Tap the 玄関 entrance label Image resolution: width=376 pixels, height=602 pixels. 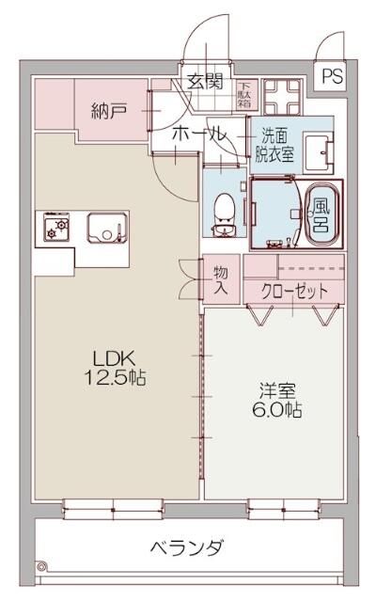204,82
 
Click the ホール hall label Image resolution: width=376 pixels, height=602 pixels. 198,135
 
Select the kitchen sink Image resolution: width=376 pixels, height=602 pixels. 107,228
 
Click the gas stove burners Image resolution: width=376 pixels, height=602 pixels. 55,228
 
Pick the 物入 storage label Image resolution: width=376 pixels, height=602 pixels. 221,279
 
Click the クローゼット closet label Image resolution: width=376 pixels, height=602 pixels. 295,292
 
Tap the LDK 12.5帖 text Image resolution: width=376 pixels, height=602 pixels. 116,368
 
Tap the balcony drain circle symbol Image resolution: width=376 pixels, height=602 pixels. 41,565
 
